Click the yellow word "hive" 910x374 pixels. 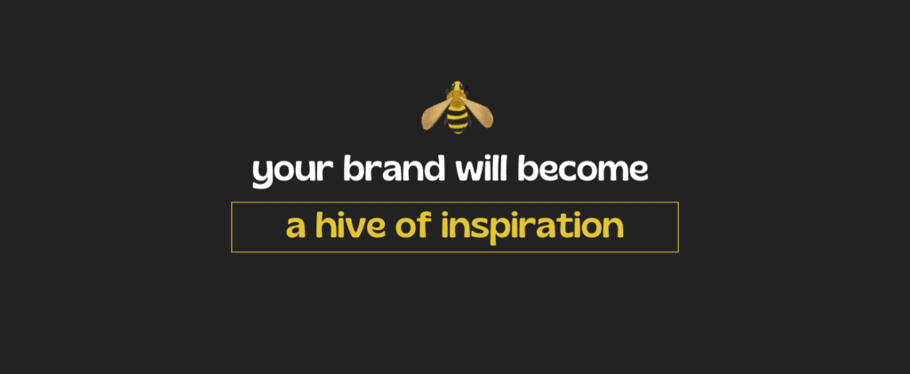(x=351, y=226)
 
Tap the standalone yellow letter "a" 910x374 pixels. (x=296, y=229)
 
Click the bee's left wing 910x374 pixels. (x=435, y=114)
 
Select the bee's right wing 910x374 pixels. (x=479, y=113)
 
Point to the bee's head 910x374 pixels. (x=458, y=88)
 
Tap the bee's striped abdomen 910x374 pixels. (x=458, y=117)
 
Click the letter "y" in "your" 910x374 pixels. (x=263, y=174)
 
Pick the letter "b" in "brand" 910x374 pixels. (x=354, y=168)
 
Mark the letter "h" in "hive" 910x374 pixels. (x=325, y=226)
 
